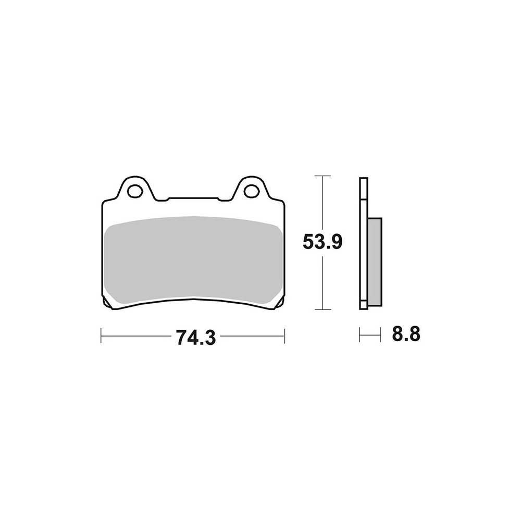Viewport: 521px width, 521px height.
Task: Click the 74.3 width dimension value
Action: click(196, 337)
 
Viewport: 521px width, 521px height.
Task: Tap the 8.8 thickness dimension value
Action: click(406, 334)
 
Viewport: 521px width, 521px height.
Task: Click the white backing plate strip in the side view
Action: click(364, 243)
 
